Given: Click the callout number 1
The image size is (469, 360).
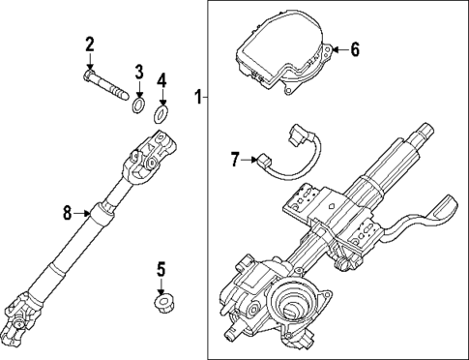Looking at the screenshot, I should point(197,97).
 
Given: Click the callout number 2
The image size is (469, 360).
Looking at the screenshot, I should point(90,44).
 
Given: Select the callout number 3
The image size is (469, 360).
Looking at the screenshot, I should point(139,71).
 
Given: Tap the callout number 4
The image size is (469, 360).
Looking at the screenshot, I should point(162,78).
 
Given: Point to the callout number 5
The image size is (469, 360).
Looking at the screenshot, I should point(161,267).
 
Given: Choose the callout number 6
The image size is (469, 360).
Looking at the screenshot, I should point(354,47).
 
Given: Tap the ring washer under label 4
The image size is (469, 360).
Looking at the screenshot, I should point(162,117).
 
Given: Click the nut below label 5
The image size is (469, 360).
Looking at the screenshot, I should point(162,305).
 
